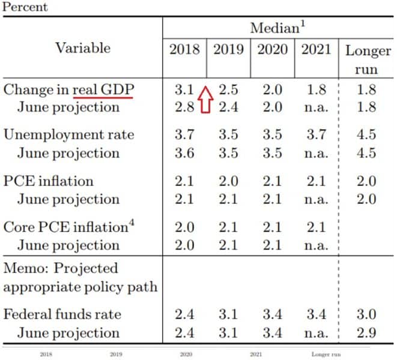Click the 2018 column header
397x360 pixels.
(184, 49)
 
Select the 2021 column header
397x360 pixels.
(316, 49)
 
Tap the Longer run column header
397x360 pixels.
(368, 59)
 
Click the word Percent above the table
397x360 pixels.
(25, 7)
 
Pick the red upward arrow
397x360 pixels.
(206, 99)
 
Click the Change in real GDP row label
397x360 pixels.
(68, 90)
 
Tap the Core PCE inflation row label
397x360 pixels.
(65, 227)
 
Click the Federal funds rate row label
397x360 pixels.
(62, 314)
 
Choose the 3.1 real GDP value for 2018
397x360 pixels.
(184, 90)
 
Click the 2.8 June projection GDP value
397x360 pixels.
(184, 107)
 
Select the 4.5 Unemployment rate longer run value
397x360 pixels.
(366, 134)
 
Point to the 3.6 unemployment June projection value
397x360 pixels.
(184, 152)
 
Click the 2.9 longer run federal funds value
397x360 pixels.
(366, 332)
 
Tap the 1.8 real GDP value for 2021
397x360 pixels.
(316, 90)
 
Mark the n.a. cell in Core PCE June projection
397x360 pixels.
(316, 245)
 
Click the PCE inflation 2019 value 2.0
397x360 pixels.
(228, 181)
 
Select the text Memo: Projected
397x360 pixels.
(61, 268)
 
